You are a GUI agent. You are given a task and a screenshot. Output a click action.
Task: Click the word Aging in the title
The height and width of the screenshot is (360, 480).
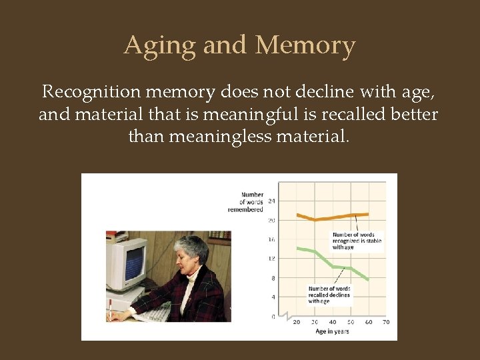[x=159, y=46]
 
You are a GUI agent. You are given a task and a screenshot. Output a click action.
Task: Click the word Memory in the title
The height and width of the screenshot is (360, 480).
[x=305, y=46]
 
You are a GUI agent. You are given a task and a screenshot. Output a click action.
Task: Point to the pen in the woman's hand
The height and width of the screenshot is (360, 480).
[x=109, y=308]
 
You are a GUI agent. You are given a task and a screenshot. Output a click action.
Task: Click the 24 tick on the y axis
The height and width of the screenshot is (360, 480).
[x=271, y=201]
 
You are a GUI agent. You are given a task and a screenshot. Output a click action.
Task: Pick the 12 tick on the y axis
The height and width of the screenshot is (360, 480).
[x=271, y=258]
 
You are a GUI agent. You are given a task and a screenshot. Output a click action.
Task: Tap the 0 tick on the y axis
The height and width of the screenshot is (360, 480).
[x=273, y=316]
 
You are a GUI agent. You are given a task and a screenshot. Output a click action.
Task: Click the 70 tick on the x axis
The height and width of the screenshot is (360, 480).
[x=385, y=322]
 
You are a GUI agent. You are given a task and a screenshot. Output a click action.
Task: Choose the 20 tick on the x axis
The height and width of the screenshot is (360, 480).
[x=297, y=322]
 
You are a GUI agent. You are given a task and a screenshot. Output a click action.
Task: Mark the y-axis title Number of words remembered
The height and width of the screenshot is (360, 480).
[x=246, y=202]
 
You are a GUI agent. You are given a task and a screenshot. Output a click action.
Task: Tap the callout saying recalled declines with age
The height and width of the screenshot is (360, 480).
[x=329, y=295]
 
